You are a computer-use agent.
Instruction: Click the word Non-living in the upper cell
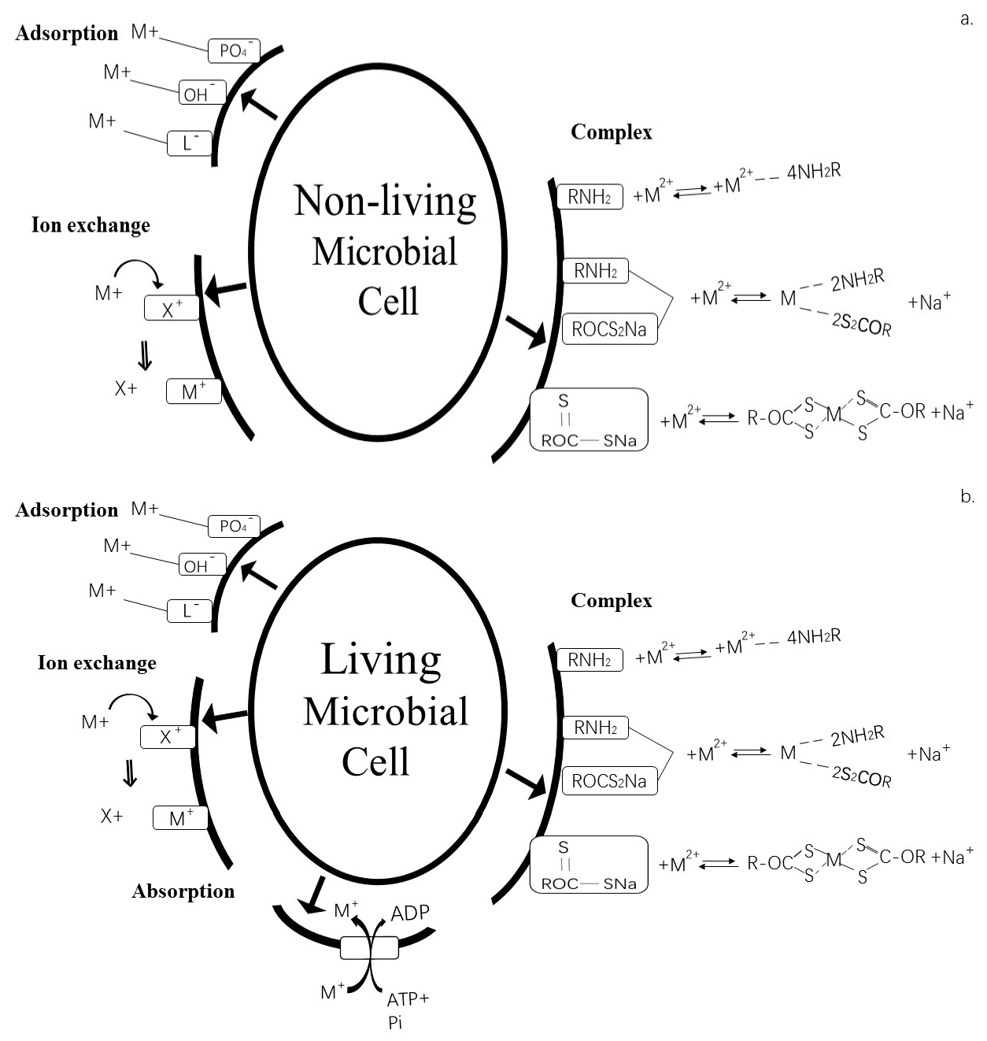pos(385,201)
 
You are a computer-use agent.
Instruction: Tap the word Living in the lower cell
pos(380,660)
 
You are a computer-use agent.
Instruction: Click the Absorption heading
pos(183,891)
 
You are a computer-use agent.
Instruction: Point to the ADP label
pos(410,913)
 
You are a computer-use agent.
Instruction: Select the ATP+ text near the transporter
pos(408,999)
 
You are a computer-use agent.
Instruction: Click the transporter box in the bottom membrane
pos(369,947)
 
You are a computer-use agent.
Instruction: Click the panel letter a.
pos(967,19)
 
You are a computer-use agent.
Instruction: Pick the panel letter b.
pos(967,497)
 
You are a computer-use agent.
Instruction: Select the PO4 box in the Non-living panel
pos(234,51)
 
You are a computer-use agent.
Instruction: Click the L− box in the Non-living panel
pos(190,143)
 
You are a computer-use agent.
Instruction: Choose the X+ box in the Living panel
pos(168,737)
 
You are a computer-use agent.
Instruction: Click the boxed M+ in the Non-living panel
pos(194,391)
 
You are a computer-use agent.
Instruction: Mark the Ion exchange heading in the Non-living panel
pos(91,225)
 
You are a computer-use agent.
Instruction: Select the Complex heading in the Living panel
pos(612,601)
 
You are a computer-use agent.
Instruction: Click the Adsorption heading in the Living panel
pos(67,510)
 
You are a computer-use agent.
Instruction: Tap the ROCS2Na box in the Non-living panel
pos(609,329)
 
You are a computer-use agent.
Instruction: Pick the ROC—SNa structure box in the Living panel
pos(589,865)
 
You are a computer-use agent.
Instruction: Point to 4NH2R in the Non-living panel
pos(814,172)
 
